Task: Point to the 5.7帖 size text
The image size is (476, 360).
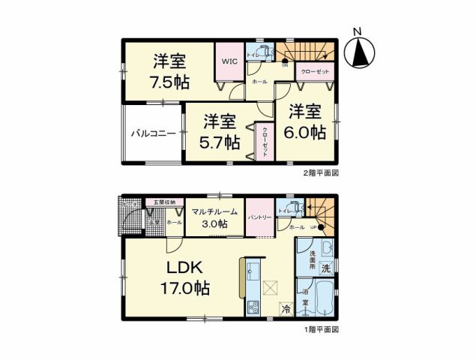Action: (x=220, y=141)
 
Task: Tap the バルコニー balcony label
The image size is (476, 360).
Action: (x=153, y=134)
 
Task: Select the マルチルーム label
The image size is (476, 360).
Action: (x=214, y=211)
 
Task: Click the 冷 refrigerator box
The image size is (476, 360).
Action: (x=285, y=308)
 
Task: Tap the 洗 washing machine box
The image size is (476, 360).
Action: (x=326, y=268)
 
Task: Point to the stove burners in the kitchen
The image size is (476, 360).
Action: (x=252, y=306)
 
